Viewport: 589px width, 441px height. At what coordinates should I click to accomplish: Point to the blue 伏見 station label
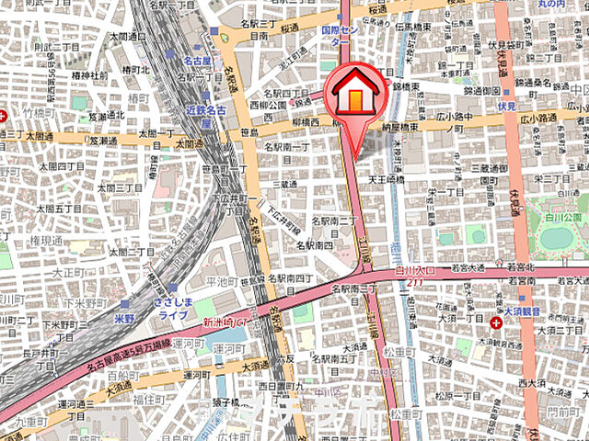507,107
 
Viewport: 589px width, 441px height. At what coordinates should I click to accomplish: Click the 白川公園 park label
561,217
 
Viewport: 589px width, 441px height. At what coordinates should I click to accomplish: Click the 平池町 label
222,281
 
